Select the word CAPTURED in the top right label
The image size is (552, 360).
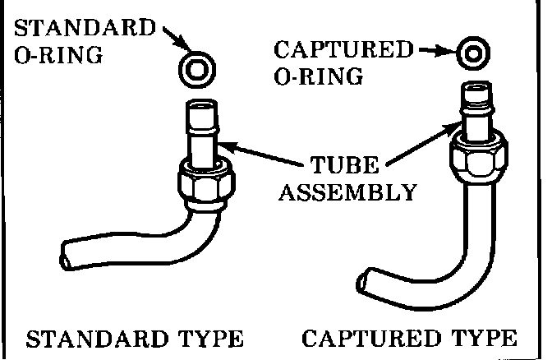click(x=343, y=50)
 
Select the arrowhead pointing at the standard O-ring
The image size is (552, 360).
click(x=182, y=45)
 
